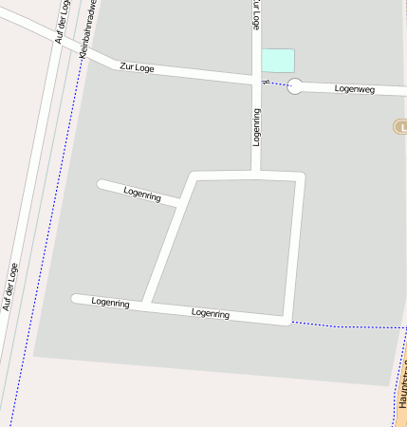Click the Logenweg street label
(356, 88)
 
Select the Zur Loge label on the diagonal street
(137, 67)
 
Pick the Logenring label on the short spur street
(142, 193)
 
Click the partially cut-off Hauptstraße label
(403, 380)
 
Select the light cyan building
(278, 60)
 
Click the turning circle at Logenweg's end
(295, 87)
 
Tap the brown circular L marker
(399, 126)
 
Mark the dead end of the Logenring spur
(101, 182)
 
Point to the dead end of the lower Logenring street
(76, 299)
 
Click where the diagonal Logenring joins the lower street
(147, 305)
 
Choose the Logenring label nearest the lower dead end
(110, 302)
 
